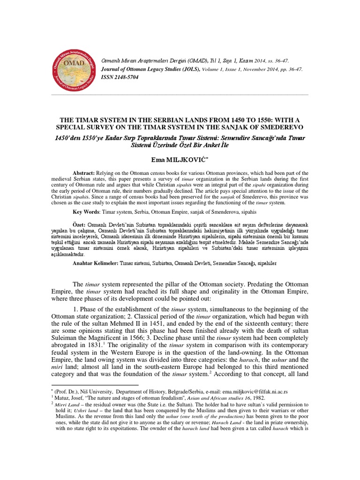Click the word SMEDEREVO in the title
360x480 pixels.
coord(277,127)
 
